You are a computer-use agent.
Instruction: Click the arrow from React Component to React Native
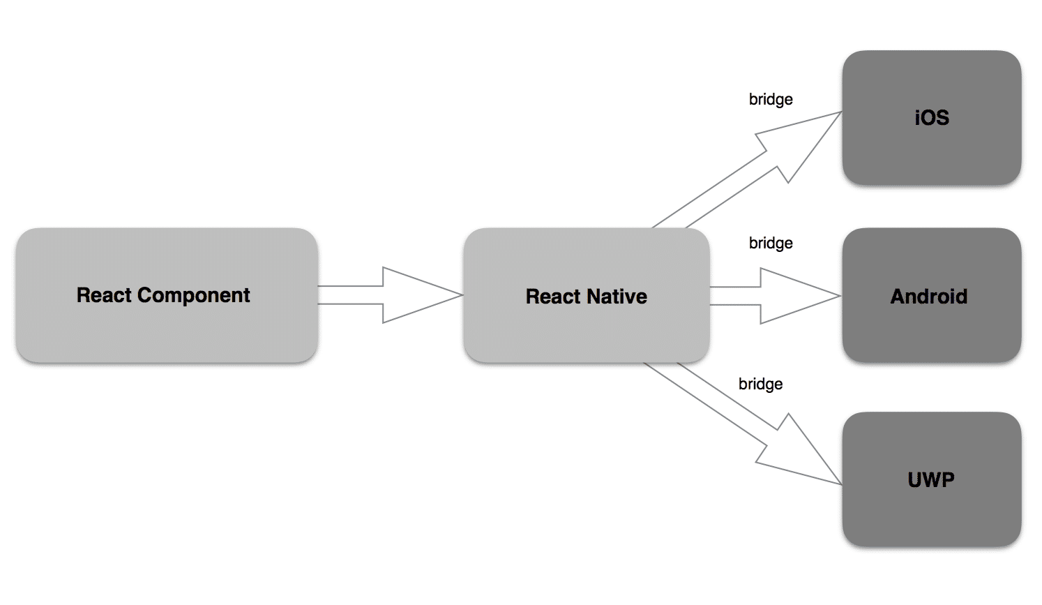coord(391,295)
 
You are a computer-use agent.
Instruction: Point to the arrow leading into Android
coord(774,296)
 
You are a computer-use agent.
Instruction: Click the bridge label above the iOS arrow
coord(771,99)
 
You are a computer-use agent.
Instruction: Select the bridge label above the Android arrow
coord(771,243)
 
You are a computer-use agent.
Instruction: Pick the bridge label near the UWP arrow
coord(760,384)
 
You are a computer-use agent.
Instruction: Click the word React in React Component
coord(104,295)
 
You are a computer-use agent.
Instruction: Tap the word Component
coord(193,296)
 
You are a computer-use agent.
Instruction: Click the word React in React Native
coord(553,297)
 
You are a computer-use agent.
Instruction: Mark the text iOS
coord(932,117)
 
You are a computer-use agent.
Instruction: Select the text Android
coord(928,297)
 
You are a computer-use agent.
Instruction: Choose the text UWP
coord(931,479)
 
